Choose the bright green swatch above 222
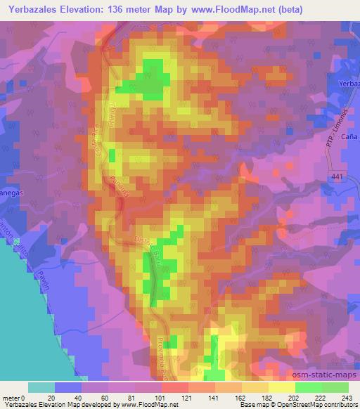click(309, 387)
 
